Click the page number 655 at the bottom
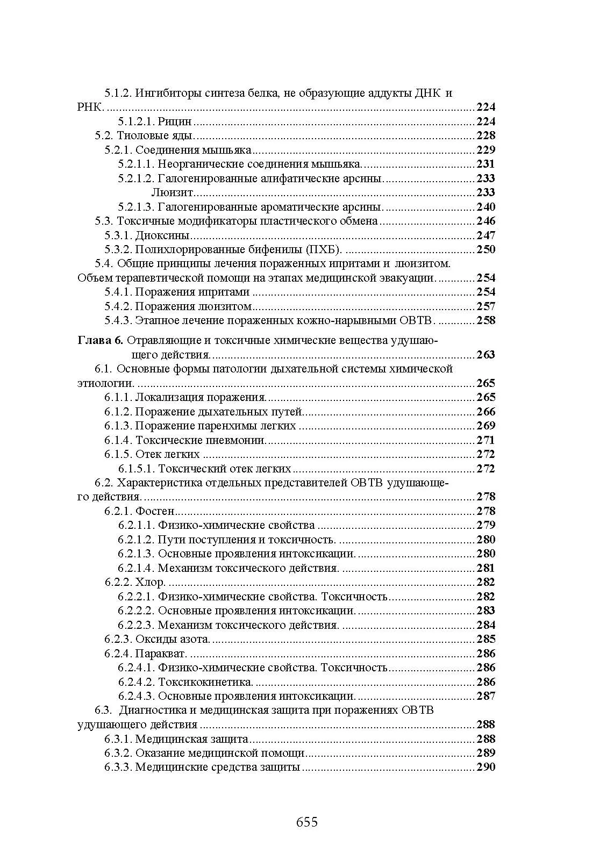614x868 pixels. pyautogui.click(x=307, y=822)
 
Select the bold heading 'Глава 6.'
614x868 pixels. pyautogui.click(x=101, y=340)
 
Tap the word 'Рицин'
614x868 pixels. pyautogui.click(x=175, y=121)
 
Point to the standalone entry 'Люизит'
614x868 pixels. pyautogui.click(x=172, y=192)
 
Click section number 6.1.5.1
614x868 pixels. pyautogui.click(x=137, y=469)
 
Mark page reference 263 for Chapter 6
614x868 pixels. pyautogui.click(x=486, y=355)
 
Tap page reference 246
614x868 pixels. pyautogui.click(x=486, y=221)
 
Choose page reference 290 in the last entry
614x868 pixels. pyautogui.click(x=486, y=767)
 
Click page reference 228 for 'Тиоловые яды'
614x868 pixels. pyautogui.click(x=486, y=135)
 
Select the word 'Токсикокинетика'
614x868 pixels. pyautogui.click(x=205, y=682)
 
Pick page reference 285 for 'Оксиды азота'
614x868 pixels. pyautogui.click(x=486, y=639)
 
